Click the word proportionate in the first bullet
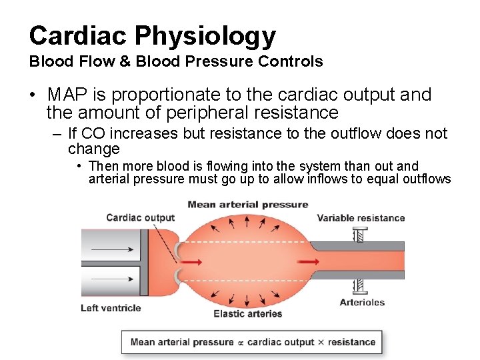pyautogui.click(x=174, y=95)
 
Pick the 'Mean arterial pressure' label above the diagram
pyautogui.click(x=248, y=205)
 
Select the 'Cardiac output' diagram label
pyautogui.click(x=140, y=217)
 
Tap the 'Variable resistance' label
pyautogui.click(x=361, y=217)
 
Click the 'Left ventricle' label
pyautogui.click(x=111, y=307)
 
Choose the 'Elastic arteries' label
pyautogui.click(x=248, y=313)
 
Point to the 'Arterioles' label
pyautogui.click(x=362, y=302)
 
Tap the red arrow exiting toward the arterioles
pyautogui.click(x=309, y=261)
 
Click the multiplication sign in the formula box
pyautogui.click(x=320, y=342)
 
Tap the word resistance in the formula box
pyautogui.click(x=351, y=342)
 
